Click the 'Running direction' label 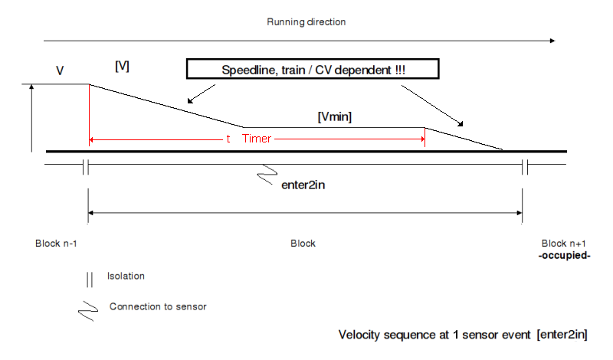pyautogui.click(x=306, y=21)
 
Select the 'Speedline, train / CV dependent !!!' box pyautogui.click(x=313, y=69)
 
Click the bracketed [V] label pyautogui.click(x=122, y=67)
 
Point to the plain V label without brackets pyautogui.click(x=60, y=70)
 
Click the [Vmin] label pyautogui.click(x=334, y=116)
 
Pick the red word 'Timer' pyautogui.click(x=257, y=139)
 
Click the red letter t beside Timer pyautogui.click(x=228, y=139)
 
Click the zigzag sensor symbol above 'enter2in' pyautogui.click(x=267, y=175)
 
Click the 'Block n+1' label pyautogui.click(x=564, y=244)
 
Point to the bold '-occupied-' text pyautogui.click(x=564, y=254)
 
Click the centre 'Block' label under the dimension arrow pyautogui.click(x=303, y=244)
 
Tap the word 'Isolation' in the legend pyautogui.click(x=126, y=276)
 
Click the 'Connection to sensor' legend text pyautogui.click(x=158, y=306)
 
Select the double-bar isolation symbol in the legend pyautogui.click(x=90, y=278)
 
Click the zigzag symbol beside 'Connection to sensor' pyautogui.click(x=90, y=308)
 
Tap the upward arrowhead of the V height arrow pyautogui.click(x=31, y=87)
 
